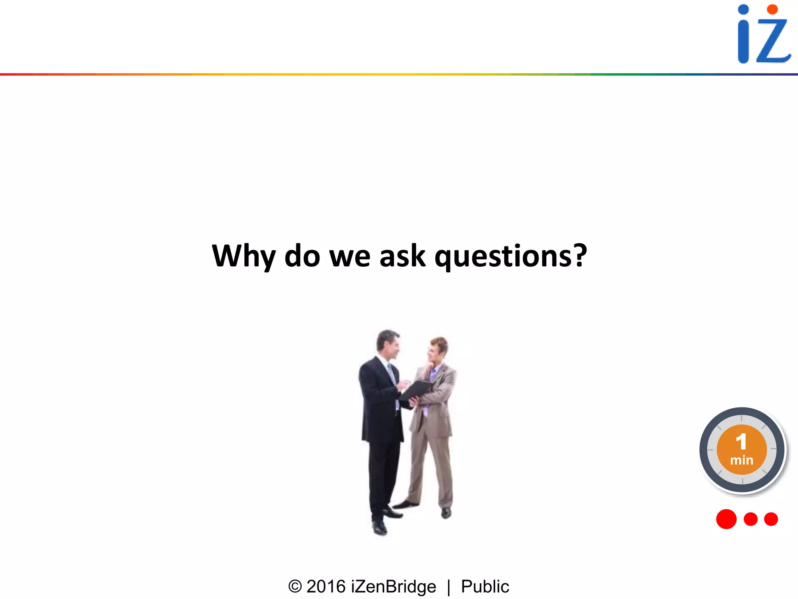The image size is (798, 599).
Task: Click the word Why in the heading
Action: (244, 256)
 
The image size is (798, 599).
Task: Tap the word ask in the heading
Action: (402, 256)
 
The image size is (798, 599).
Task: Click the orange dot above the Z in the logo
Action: (772, 9)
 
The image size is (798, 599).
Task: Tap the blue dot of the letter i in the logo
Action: (743, 10)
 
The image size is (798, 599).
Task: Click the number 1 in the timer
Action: (741, 441)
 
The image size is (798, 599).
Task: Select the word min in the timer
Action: (742, 460)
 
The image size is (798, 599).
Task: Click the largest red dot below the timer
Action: (726, 519)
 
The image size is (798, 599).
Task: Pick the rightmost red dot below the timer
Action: (771, 519)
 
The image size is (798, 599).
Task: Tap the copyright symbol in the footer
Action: (295, 587)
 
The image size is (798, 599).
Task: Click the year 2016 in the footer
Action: (326, 587)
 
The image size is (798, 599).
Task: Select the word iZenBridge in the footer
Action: (394, 587)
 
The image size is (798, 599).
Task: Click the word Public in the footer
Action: (485, 587)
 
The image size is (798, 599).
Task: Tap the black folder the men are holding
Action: (415, 390)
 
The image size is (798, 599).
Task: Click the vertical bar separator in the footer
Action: (449, 587)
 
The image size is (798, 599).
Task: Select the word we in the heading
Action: (350, 257)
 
